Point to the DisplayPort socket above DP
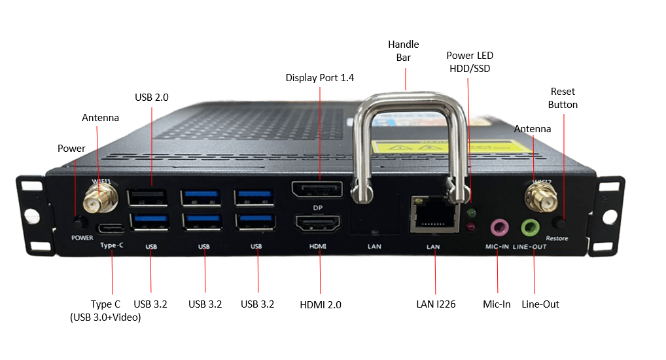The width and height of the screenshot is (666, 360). click(x=317, y=190)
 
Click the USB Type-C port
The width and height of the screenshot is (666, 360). click(x=110, y=228)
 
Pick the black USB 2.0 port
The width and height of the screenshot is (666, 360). click(x=151, y=197)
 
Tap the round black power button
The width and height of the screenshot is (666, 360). click(x=81, y=222)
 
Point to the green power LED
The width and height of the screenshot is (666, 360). click(x=471, y=212)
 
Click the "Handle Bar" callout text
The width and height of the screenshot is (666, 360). click(x=403, y=51)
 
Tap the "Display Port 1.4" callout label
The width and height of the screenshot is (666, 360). click(x=320, y=77)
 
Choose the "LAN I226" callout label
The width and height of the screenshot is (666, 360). click(x=435, y=304)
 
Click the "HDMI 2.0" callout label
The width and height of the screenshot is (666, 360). click(x=320, y=304)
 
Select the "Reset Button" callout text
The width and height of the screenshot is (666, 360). click(x=563, y=98)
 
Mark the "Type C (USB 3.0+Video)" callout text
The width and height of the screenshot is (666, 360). click(x=105, y=310)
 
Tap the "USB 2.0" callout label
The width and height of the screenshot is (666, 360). click(x=152, y=97)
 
